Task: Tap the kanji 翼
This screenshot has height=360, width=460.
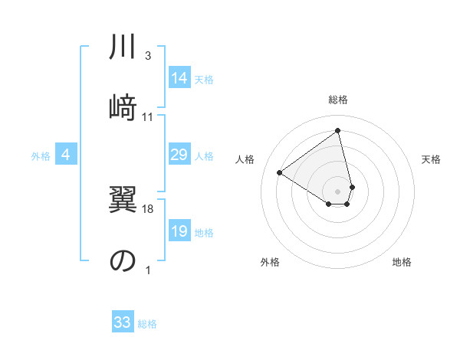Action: [x=122, y=205]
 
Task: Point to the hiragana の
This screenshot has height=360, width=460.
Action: [x=122, y=260]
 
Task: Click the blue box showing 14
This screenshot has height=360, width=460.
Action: [x=179, y=78]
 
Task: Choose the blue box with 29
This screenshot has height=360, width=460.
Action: [x=179, y=155]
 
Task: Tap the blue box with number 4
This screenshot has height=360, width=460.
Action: [x=65, y=155]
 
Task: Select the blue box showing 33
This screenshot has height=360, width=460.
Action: [x=123, y=322]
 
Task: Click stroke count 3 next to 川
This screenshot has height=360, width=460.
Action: [x=147, y=56]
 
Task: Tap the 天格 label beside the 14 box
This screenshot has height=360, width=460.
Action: [x=204, y=79]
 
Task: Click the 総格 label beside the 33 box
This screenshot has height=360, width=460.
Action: [x=147, y=324]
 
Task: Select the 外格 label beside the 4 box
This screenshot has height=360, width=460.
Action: [x=41, y=156]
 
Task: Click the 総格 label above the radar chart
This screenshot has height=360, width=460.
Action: [x=337, y=100]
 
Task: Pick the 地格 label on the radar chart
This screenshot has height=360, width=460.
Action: [x=402, y=262]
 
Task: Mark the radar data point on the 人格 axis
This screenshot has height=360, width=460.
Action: [x=280, y=172]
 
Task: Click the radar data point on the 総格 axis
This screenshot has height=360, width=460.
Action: [x=337, y=130]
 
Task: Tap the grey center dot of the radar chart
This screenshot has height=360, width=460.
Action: [x=337, y=190]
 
